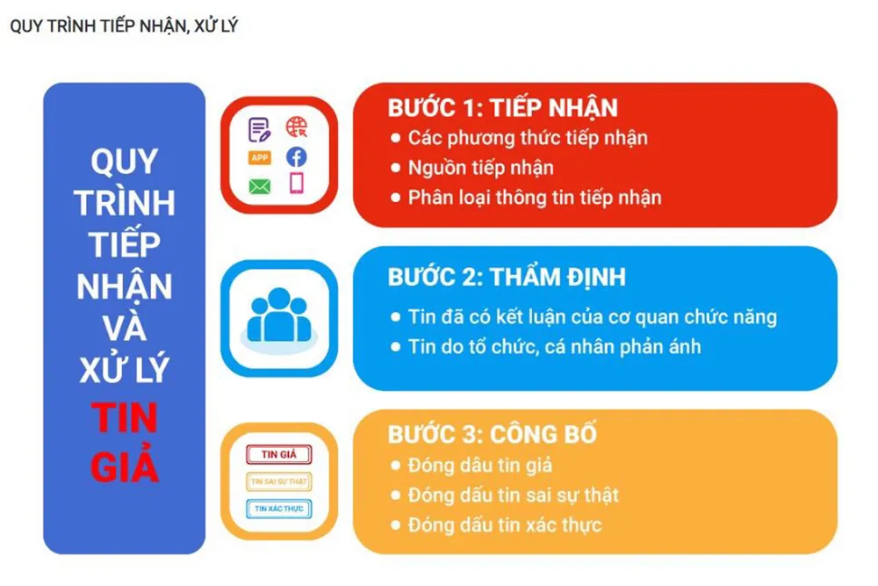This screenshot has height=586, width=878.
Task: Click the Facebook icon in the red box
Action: (296, 157)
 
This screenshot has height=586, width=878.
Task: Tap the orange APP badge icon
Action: (259, 157)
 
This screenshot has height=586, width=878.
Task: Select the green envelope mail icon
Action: (259, 186)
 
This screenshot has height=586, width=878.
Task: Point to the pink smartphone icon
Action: (296, 184)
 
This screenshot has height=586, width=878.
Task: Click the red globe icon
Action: (296, 127)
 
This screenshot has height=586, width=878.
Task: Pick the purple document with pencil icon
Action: (259, 129)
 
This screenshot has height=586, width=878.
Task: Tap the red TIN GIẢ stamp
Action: (279, 454)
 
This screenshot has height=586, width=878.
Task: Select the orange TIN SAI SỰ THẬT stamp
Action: (279, 481)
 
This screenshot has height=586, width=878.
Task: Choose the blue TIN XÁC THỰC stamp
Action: (279, 509)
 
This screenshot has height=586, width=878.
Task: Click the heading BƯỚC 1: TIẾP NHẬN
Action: (502, 107)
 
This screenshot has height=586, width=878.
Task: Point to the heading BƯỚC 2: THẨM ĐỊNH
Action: (507, 277)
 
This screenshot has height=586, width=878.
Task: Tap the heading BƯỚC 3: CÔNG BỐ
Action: (493, 434)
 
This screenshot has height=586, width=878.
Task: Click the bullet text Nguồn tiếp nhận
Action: (480, 168)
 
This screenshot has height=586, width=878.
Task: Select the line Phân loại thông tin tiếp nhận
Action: (535, 197)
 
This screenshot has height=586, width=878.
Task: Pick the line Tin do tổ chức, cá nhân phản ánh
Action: (554, 347)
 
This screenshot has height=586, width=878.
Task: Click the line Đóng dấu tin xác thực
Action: (505, 525)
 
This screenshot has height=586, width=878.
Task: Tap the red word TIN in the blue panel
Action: (125, 418)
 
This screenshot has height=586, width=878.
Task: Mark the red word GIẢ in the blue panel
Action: (125, 465)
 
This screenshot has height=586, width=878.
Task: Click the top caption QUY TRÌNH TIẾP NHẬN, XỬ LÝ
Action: (124, 25)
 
